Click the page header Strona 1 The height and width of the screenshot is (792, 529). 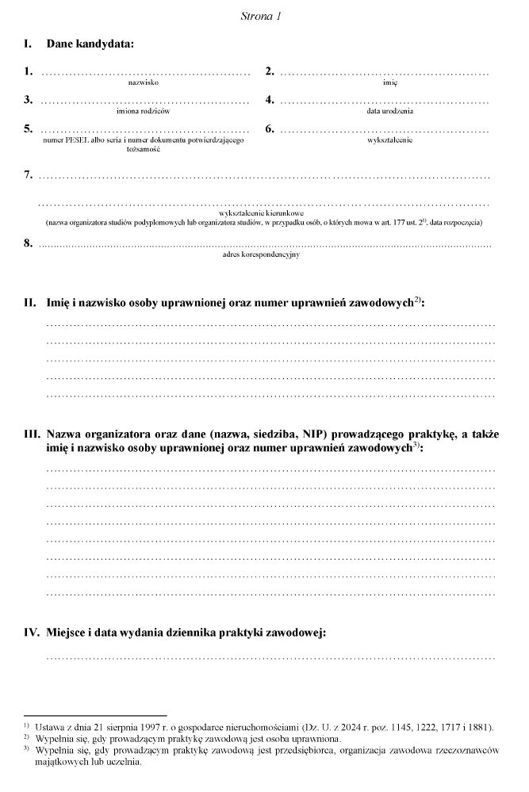coord(261,16)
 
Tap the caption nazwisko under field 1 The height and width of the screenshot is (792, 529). coord(145,82)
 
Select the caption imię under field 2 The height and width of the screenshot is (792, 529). coord(389,82)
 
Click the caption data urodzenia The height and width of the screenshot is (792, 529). coord(389,111)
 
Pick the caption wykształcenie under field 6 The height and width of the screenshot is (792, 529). coord(389,140)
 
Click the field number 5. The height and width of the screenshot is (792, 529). coord(29,128)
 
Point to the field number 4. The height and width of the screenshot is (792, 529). coord(270,100)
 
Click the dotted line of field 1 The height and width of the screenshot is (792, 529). coord(145,74)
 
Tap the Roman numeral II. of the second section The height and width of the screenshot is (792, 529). coord(31,303)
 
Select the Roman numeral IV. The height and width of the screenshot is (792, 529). coord(32,633)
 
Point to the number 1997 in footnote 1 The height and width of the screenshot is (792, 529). coord(118,726)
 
